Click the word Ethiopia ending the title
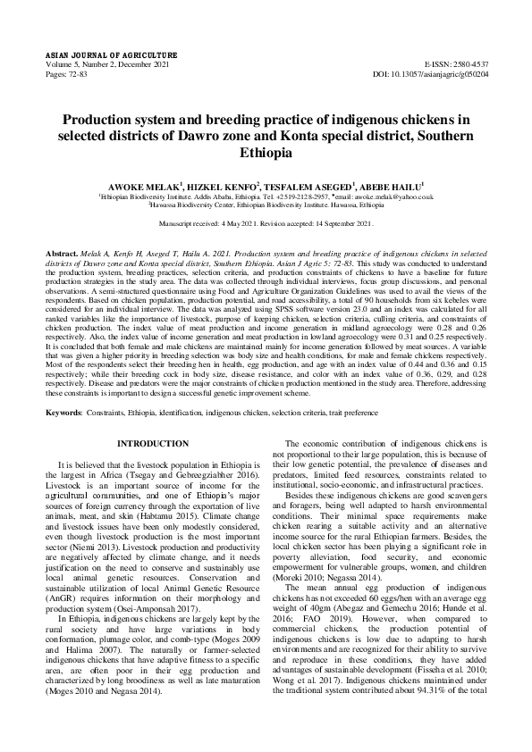(266, 153)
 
